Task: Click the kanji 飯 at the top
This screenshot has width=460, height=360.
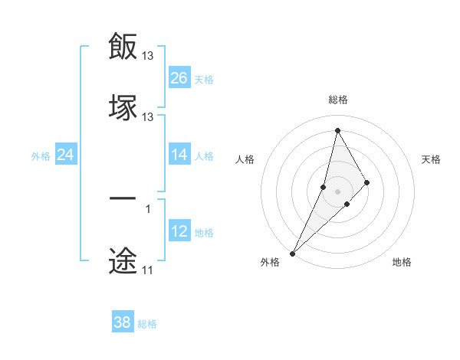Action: [123, 46]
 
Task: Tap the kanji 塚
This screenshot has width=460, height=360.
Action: [123, 107]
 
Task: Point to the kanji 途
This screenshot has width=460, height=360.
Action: [123, 260]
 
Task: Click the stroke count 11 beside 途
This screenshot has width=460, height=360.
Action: [147, 270]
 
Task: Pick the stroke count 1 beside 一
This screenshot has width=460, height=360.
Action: [148, 208]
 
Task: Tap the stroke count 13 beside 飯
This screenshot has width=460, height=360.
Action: [148, 56]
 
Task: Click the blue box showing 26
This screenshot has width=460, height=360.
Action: [179, 78]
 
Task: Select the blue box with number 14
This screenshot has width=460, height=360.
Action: [179, 155]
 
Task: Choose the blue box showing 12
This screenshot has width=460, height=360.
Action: [179, 231]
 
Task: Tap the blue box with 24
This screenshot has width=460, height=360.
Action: [66, 155]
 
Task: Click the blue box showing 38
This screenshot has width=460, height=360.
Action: [123, 322]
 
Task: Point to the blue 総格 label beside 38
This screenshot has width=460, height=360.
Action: [147, 324]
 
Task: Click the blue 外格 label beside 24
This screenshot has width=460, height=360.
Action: [41, 156]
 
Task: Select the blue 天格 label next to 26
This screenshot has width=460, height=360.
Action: [204, 80]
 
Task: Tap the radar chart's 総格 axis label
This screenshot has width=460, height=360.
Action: [338, 100]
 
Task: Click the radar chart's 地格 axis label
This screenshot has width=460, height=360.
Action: [402, 263]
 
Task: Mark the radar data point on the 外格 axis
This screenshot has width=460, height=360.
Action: [292, 253]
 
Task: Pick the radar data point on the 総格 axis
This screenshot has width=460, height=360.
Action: [338, 130]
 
